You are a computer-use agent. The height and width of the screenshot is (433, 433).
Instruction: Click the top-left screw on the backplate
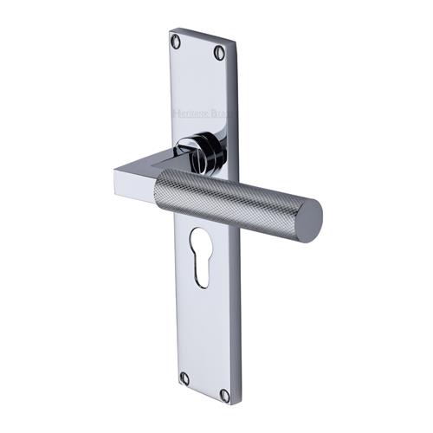point(178,40)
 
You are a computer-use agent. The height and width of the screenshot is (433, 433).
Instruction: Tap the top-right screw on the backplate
point(219,53)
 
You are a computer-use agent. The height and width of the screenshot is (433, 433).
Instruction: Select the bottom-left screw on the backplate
point(184,378)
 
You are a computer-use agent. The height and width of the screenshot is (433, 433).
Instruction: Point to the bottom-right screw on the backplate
point(224,395)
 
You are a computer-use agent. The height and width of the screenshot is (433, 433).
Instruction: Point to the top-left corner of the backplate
point(171,30)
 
